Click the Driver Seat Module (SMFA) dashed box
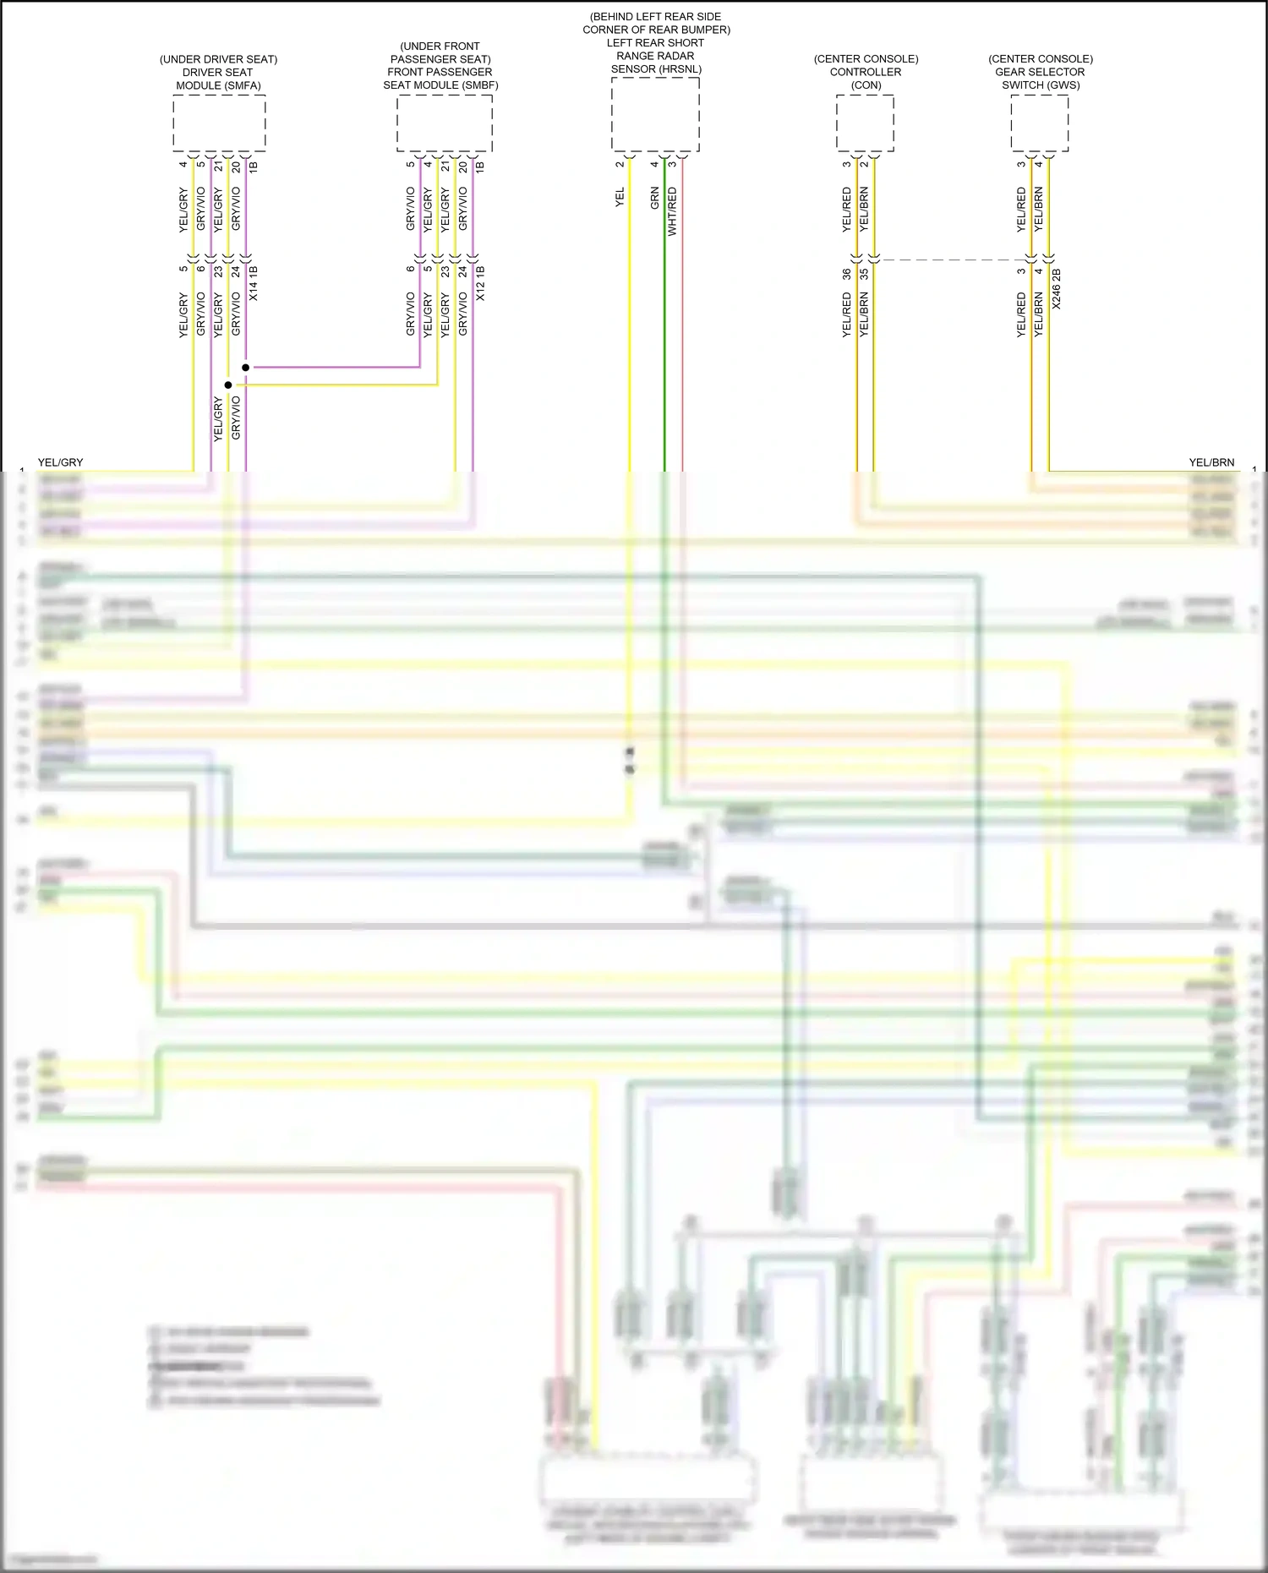[x=219, y=123]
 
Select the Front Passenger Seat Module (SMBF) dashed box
[x=445, y=123]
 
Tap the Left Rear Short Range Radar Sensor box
[x=655, y=115]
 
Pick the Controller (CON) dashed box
[x=865, y=123]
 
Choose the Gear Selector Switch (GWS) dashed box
[x=1040, y=123]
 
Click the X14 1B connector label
[x=254, y=284]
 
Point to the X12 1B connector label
[x=480, y=284]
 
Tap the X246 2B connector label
[x=1057, y=289]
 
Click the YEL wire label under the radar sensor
[x=620, y=198]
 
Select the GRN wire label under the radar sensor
[x=655, y=199]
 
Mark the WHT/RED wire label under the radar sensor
[x=673, y=211]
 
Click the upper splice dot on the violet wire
[x=246, y=368]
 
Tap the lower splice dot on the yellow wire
[x=228, y=385]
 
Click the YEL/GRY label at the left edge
[x=61, y=462]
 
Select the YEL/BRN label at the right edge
[x=1211, y=462]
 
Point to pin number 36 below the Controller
[x=847, y=275]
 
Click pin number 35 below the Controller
[x=864, y=275]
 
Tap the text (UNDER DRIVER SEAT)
[x=218, y=59]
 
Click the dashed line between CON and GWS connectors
[x=951, y=260]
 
